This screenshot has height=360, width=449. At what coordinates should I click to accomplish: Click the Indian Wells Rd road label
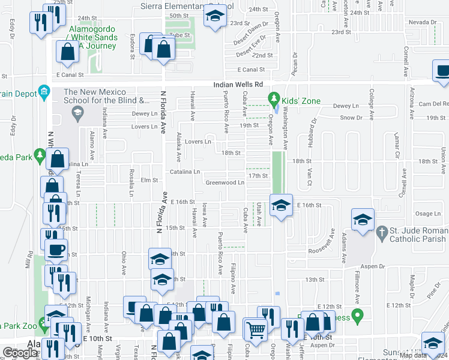point(238,85)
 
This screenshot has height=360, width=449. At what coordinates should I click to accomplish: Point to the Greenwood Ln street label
point(224,182)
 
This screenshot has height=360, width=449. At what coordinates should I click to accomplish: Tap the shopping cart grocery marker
point(255,329)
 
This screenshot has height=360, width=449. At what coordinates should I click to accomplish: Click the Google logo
point(20,353)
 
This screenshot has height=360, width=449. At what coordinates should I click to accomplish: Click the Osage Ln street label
point(428,214)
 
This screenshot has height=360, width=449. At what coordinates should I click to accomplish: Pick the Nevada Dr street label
point(423,22)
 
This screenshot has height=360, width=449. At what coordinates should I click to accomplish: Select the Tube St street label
point(179,34)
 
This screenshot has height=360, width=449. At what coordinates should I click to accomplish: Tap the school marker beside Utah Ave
point(280,206)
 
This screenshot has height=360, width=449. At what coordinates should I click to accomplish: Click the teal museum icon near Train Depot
point(44,92)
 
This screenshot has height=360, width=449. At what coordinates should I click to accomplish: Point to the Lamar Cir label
point(396,146)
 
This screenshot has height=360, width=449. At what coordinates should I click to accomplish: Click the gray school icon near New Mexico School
point(77,112)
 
